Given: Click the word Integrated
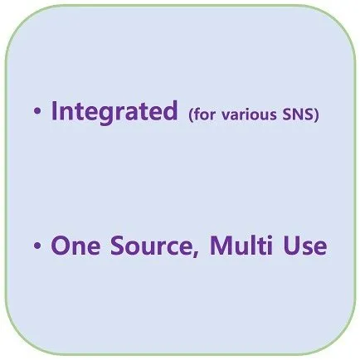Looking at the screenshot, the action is pos(114,112).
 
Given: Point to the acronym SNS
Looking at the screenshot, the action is pos(298,114).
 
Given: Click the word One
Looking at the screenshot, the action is pos(75,246).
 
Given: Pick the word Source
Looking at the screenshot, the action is pos(151,246).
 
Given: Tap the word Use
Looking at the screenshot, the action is pos(305,246).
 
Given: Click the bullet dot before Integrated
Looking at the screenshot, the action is pos(37,111).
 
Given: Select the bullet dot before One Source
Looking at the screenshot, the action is pos(37,246).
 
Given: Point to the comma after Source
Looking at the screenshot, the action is pos(196,252).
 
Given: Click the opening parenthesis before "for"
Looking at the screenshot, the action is pos(191,114).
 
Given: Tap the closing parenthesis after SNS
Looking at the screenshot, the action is pos(316,114).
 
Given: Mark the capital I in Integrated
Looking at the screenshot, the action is pos(54,110).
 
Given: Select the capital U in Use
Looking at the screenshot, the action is pos(292,246).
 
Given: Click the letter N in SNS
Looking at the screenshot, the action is pos(298,115).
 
